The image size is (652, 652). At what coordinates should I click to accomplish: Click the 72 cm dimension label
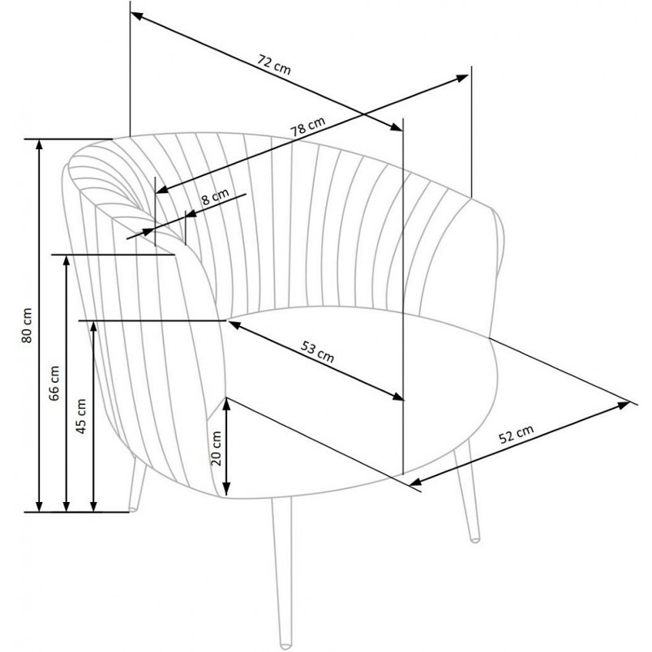click(x=273, y=64)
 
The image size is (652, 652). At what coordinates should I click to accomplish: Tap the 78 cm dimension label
click(x=307, y=127)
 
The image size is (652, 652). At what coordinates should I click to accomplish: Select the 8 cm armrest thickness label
click(x=216, y=197)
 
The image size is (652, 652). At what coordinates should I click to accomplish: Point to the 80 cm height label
click(x=27, y=325)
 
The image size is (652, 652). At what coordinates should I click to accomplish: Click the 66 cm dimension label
click(x=54, y=383)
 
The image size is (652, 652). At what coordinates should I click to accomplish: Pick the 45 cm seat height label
click(x=81, y=416)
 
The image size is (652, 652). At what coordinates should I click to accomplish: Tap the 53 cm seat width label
click(x=318, y=352)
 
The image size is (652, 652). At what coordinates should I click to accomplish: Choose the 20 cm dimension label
click(x=217, y=448)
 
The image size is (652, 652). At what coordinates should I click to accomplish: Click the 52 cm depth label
click(x=516, y=435)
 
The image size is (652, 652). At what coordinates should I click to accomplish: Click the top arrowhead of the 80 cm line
click(x=39, y=143)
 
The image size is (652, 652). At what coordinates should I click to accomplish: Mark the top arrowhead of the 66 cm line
click(x=66, y=260)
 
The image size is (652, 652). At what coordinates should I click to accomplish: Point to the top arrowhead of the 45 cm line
click(x=93, y=326)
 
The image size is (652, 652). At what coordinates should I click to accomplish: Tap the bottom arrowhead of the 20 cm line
click(x=226, y=491)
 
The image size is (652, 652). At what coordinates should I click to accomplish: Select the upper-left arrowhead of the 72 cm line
click(x=136, y=16)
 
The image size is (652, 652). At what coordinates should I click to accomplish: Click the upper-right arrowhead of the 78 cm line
click(x=463, y=78)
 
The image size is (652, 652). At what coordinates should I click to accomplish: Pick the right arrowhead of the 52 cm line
click(x=624, y=405)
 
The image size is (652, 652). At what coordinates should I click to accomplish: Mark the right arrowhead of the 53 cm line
click(x=398, y=397)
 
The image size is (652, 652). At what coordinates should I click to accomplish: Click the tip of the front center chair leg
click(x=285, y=646)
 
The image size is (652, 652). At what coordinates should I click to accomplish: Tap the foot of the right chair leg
click(x=474, y=540)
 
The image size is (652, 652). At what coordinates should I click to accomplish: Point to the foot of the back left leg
click(x=133, y=509)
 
